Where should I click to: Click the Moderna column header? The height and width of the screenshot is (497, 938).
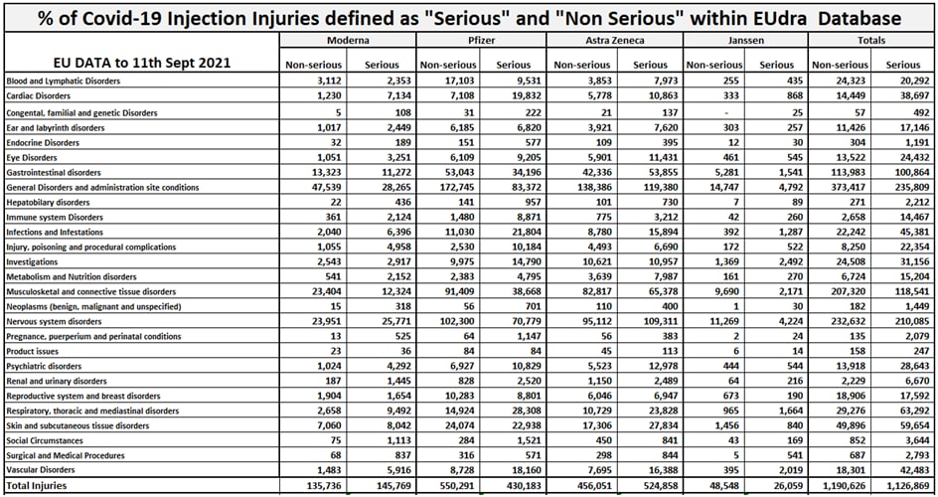point(348,41)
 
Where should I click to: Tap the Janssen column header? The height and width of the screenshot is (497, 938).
point(746,41)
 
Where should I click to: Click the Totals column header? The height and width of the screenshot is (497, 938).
point(871,41)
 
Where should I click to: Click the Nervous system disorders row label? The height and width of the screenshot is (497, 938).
point(54,321)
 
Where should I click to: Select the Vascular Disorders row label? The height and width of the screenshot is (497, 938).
point(42,469)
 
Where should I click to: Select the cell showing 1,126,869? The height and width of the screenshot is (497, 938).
point(905,486)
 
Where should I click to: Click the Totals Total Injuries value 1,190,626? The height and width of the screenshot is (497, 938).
point(842,486)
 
